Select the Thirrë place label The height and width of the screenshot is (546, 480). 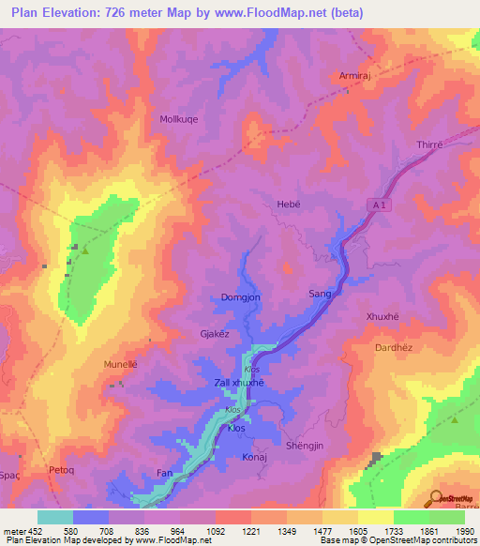pyautogui.click(x=427, y=145)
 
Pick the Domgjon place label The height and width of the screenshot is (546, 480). pyautogui.click(x=240, y=296)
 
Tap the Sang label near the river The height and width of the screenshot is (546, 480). pyautogui.click(x=320, y=294)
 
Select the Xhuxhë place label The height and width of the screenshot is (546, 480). pyautogui.click(x=382, y=317)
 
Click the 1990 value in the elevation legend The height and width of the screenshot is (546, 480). pyautogui.click(x=454, y=530)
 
